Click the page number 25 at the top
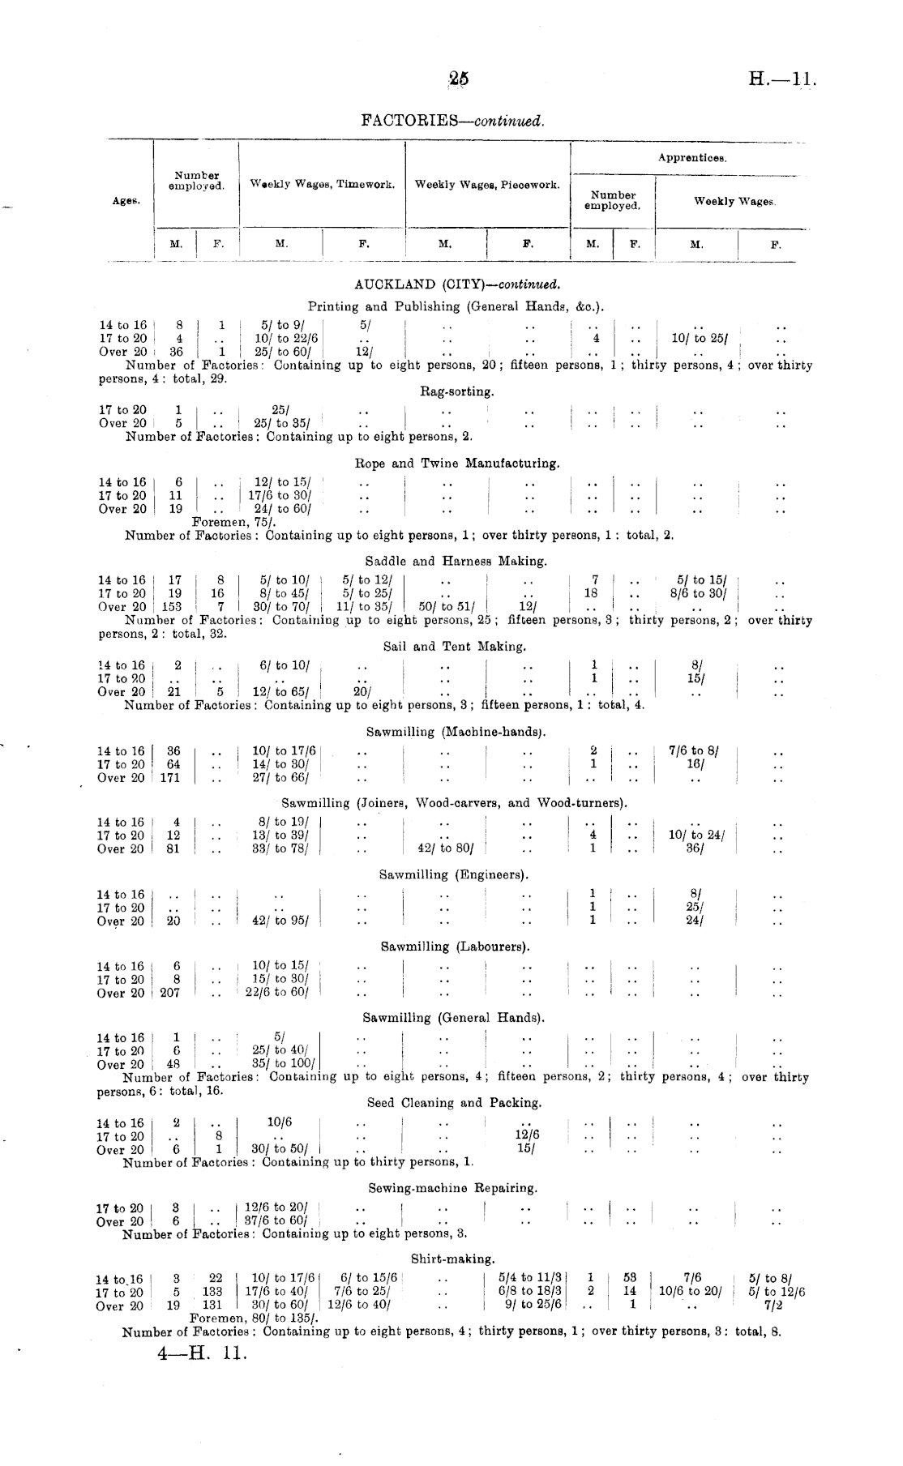coord(458,79)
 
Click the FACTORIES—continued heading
coord(452,121)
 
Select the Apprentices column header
coord(691,158)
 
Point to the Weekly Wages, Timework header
coord(322,185)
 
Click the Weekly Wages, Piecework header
coord(487,185)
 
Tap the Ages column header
coord(126,200)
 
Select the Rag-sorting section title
coord(456,391)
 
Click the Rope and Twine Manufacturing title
coord(457,464)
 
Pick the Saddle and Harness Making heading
coord(456,560)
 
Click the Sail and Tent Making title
coord(455,647)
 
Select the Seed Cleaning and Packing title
coord(454,1103)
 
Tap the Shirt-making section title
coord(452,1259)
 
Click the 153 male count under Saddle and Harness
coord(172,606)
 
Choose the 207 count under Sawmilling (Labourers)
coord(169,993)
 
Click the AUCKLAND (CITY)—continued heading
coord(457,285)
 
